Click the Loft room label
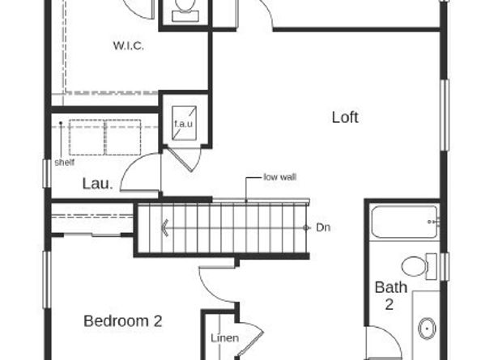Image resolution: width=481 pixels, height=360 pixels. point(345,117)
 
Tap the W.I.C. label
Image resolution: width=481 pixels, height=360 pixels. point(129,46)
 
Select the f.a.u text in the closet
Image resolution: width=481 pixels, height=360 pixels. point(184,124)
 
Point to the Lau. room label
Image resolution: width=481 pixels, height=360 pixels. point(97,184)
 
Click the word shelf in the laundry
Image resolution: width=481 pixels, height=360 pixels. point(65,163)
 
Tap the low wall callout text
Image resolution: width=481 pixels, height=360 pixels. point(280,177)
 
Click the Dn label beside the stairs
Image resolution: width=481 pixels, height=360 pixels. point(323,227)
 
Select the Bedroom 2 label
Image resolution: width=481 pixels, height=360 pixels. point(123,321)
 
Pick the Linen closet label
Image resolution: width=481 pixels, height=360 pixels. point(225,338)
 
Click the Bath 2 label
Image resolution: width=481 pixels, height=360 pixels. point(391,295)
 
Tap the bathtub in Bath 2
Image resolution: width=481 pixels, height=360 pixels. point(405,222)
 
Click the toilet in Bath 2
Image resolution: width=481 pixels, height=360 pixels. point(419,266)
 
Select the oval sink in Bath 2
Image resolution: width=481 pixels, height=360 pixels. point(427,328)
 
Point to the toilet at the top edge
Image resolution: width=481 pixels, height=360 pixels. point(185,10)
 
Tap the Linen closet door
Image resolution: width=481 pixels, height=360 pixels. point(251,338)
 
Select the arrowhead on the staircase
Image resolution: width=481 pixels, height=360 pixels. point(165,228)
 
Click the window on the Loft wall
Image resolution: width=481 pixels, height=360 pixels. point(445,115)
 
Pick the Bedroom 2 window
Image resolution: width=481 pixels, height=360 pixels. point(47,279)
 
